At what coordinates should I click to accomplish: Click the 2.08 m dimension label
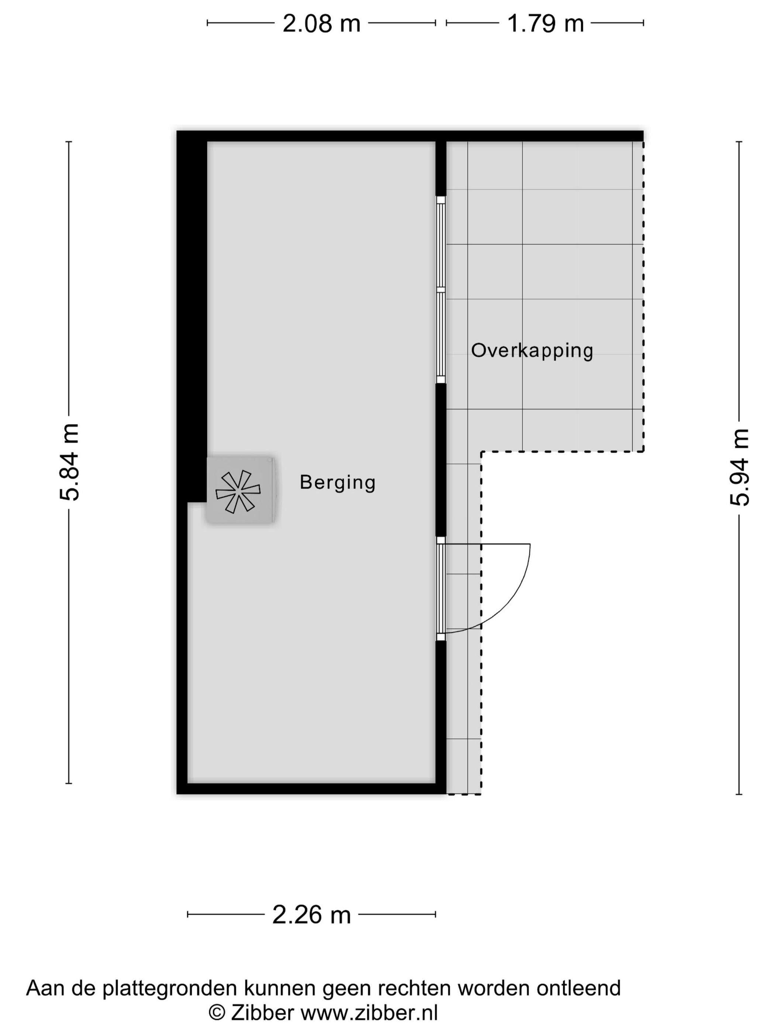point(321,23)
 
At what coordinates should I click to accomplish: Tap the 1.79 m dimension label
point(545,23)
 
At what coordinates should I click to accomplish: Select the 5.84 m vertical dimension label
point(70,462)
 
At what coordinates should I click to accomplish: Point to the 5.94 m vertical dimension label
point(740,467)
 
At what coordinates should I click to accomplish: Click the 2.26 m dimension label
point(311,915)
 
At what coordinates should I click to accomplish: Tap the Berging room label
point(337,482)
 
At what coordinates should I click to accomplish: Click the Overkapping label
point(532,350)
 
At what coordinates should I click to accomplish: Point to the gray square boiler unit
point(240,490)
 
